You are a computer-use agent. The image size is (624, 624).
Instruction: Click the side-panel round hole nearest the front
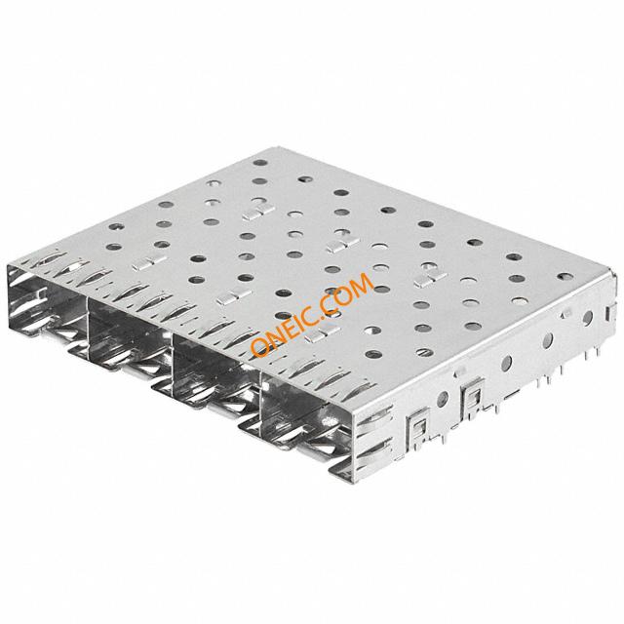click(x=443, y=399)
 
